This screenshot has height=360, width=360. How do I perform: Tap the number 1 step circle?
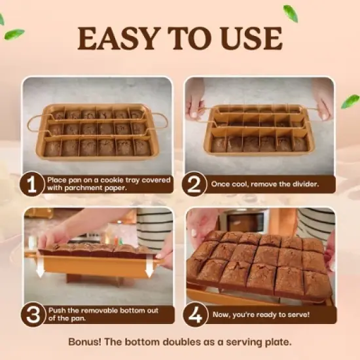tap(32, 184)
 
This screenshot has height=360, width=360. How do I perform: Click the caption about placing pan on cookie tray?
tap(109, 184)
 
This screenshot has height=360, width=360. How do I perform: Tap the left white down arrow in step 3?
tap(40, 266)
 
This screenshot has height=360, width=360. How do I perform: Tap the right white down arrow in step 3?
tap(151, 266)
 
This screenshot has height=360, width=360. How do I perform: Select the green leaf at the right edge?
tap(350, 101)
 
